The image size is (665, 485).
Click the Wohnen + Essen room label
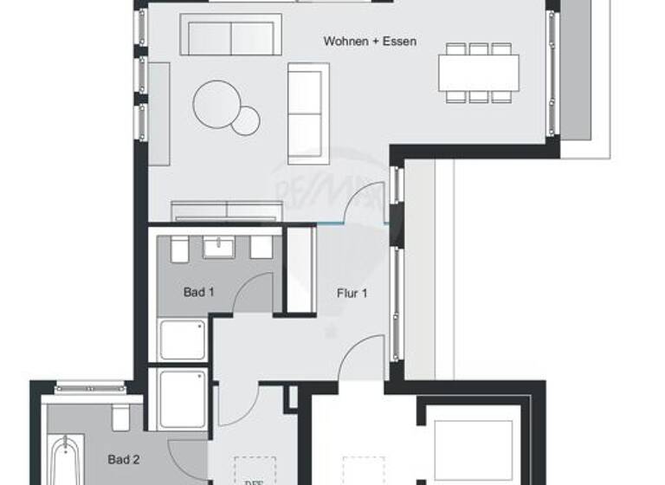370,41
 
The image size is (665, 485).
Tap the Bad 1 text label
198,292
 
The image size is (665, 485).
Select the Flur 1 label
352,294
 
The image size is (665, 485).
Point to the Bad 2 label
123,460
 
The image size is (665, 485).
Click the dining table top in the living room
478,73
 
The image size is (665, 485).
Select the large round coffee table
216,104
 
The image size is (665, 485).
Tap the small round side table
246,121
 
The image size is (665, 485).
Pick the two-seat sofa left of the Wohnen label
230,35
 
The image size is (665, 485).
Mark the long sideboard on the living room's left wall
159,113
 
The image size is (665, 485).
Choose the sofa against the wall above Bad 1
227,211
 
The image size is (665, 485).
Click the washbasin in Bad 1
220,247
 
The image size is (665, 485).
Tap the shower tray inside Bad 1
183,339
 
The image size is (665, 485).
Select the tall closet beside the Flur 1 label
299,269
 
